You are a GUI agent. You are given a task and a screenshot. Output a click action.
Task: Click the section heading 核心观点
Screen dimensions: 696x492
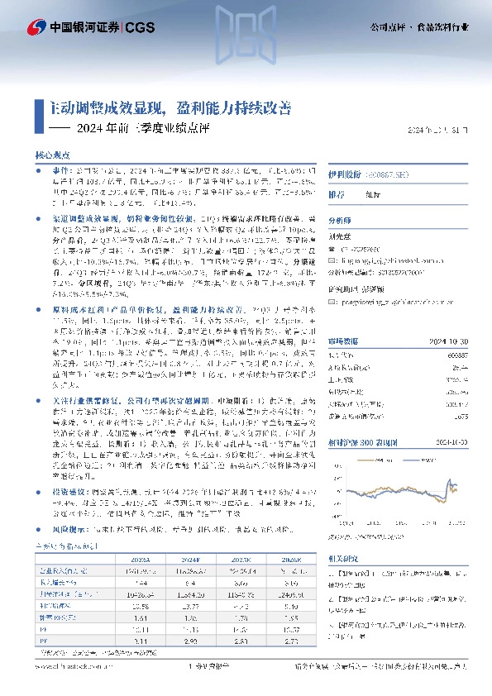point(50,155)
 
